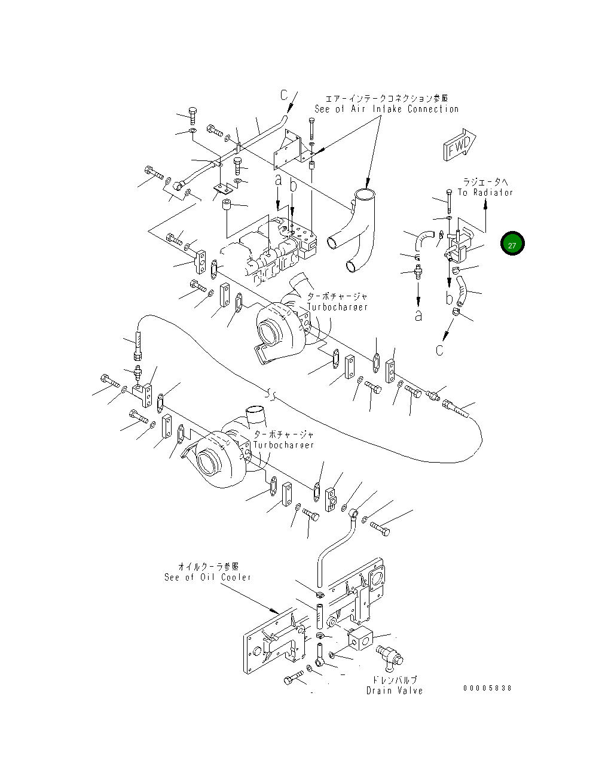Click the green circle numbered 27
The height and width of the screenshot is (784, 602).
click(512, 244)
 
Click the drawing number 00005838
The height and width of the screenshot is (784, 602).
click(487, 688)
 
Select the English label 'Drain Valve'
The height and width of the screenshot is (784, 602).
click(395, 691)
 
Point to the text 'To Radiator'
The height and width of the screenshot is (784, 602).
click(485, 192)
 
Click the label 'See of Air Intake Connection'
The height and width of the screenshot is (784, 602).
click(387, 109)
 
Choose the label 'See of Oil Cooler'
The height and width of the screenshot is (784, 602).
click(207, 577)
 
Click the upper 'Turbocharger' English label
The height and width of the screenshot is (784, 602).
click(338, 307)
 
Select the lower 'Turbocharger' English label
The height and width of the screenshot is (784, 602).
click(284, 445)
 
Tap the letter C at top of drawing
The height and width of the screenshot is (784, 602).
click(285, 95)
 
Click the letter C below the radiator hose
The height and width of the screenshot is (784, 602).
click(440, 350)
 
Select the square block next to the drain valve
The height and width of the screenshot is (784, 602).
click(361, 640)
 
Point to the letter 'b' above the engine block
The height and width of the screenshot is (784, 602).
click(293, 186)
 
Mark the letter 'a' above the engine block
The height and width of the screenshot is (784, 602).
click(278, 180)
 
